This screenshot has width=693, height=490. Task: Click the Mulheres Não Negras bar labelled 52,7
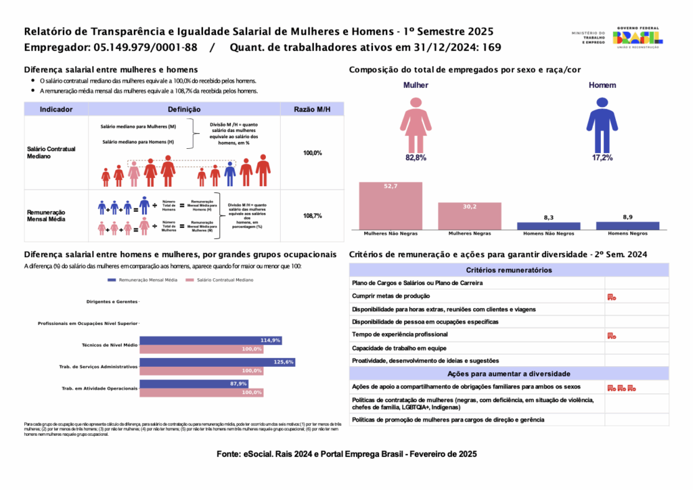390,206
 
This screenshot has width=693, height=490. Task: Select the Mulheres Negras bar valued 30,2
470,216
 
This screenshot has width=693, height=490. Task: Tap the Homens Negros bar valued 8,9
627,225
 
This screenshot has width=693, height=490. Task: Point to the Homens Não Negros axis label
548,233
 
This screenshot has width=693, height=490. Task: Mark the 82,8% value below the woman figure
416,158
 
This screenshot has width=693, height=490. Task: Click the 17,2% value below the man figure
602,158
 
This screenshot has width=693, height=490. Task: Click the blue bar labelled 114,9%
210,340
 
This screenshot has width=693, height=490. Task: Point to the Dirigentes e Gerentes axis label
112,301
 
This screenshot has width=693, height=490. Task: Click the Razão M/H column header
312,109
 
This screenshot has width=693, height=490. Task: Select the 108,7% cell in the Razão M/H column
312,216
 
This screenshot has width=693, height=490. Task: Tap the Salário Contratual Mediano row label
51,152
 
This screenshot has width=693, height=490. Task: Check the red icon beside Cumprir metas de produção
610,296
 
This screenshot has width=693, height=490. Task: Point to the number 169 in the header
491,47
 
